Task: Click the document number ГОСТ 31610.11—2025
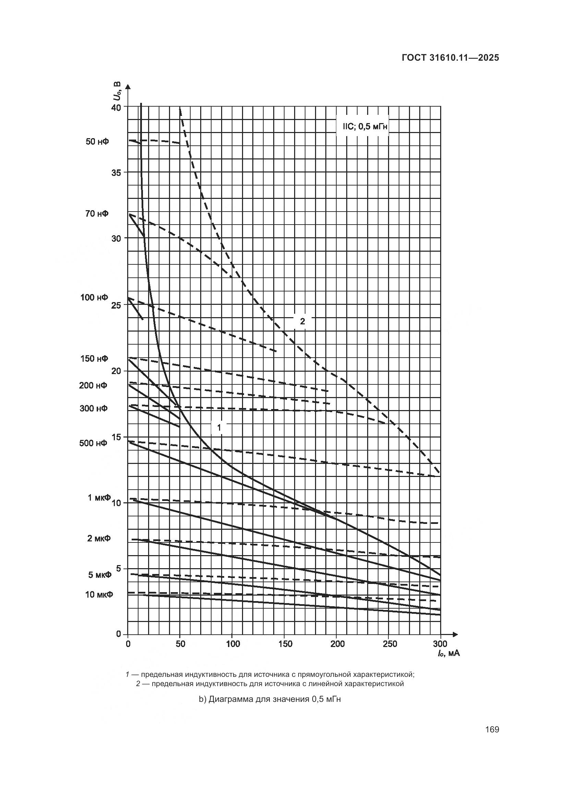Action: click(450, 58)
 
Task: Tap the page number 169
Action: click(492, 729)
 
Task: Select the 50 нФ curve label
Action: click(97, 142)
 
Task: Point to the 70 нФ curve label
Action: click(97, 213)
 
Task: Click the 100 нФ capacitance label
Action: click(94, 297)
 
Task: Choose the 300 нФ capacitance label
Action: click(94, 408)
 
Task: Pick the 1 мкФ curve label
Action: click(99, 498)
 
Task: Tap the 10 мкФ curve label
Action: click(99, 594)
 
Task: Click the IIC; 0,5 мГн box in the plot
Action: click(362, 127)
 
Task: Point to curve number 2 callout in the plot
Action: click(302, 321)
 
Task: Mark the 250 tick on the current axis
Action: click(390, 644)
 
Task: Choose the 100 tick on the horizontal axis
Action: click(233, 644)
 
